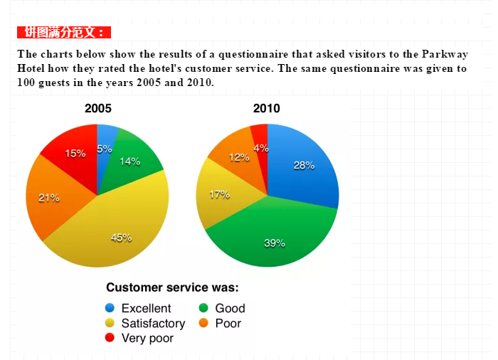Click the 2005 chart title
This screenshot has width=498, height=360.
pyautogui.click(x=98, y=108)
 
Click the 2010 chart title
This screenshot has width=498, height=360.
pyautogui.click(x=267, y=108)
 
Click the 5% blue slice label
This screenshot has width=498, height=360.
pyautogui.click(x=105, y=149)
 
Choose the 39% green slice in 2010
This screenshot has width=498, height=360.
pyautogui.click(x=273, y=238)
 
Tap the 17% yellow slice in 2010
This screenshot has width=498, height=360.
pyautogui.click(x=219, y=194)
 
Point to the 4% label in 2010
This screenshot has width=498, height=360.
pyautogui.click(x=261, y=148)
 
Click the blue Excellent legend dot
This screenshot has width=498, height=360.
pyautogui.click(x=110, y=308)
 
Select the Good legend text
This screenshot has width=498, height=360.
pyautogui.click(x=231, y=308)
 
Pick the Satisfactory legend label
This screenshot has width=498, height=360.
pyautogui.click(x=154, y=323)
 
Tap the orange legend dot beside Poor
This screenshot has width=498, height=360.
pyautogui.click(x=203, y=323)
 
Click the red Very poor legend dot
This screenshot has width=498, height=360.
pyautogui.click(x=110, y=337)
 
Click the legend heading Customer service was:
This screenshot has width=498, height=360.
pyautogui.click(x=172, y=287)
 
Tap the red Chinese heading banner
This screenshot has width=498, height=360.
pyautogui.click(x=64, y=32)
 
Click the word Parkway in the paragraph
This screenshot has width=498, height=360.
pyautogui.click(x=445, y=54)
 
